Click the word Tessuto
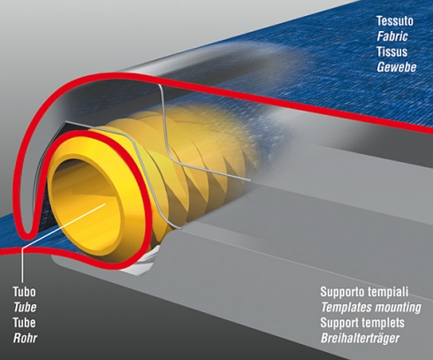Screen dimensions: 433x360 [395, 21]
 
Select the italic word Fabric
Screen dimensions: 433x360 [392, 36]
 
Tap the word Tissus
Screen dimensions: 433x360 [391, 51]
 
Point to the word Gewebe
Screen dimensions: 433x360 [397, 67]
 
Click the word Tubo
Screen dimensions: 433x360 [24, 292]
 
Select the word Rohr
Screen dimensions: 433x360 [25, 338]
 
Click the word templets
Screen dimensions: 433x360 [385, 323]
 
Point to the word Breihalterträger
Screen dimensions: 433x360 [360, 338]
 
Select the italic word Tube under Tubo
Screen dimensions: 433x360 [25, 307]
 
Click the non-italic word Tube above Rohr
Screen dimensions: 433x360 [24, 323]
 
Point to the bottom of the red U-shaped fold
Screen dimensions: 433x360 [28, 235]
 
